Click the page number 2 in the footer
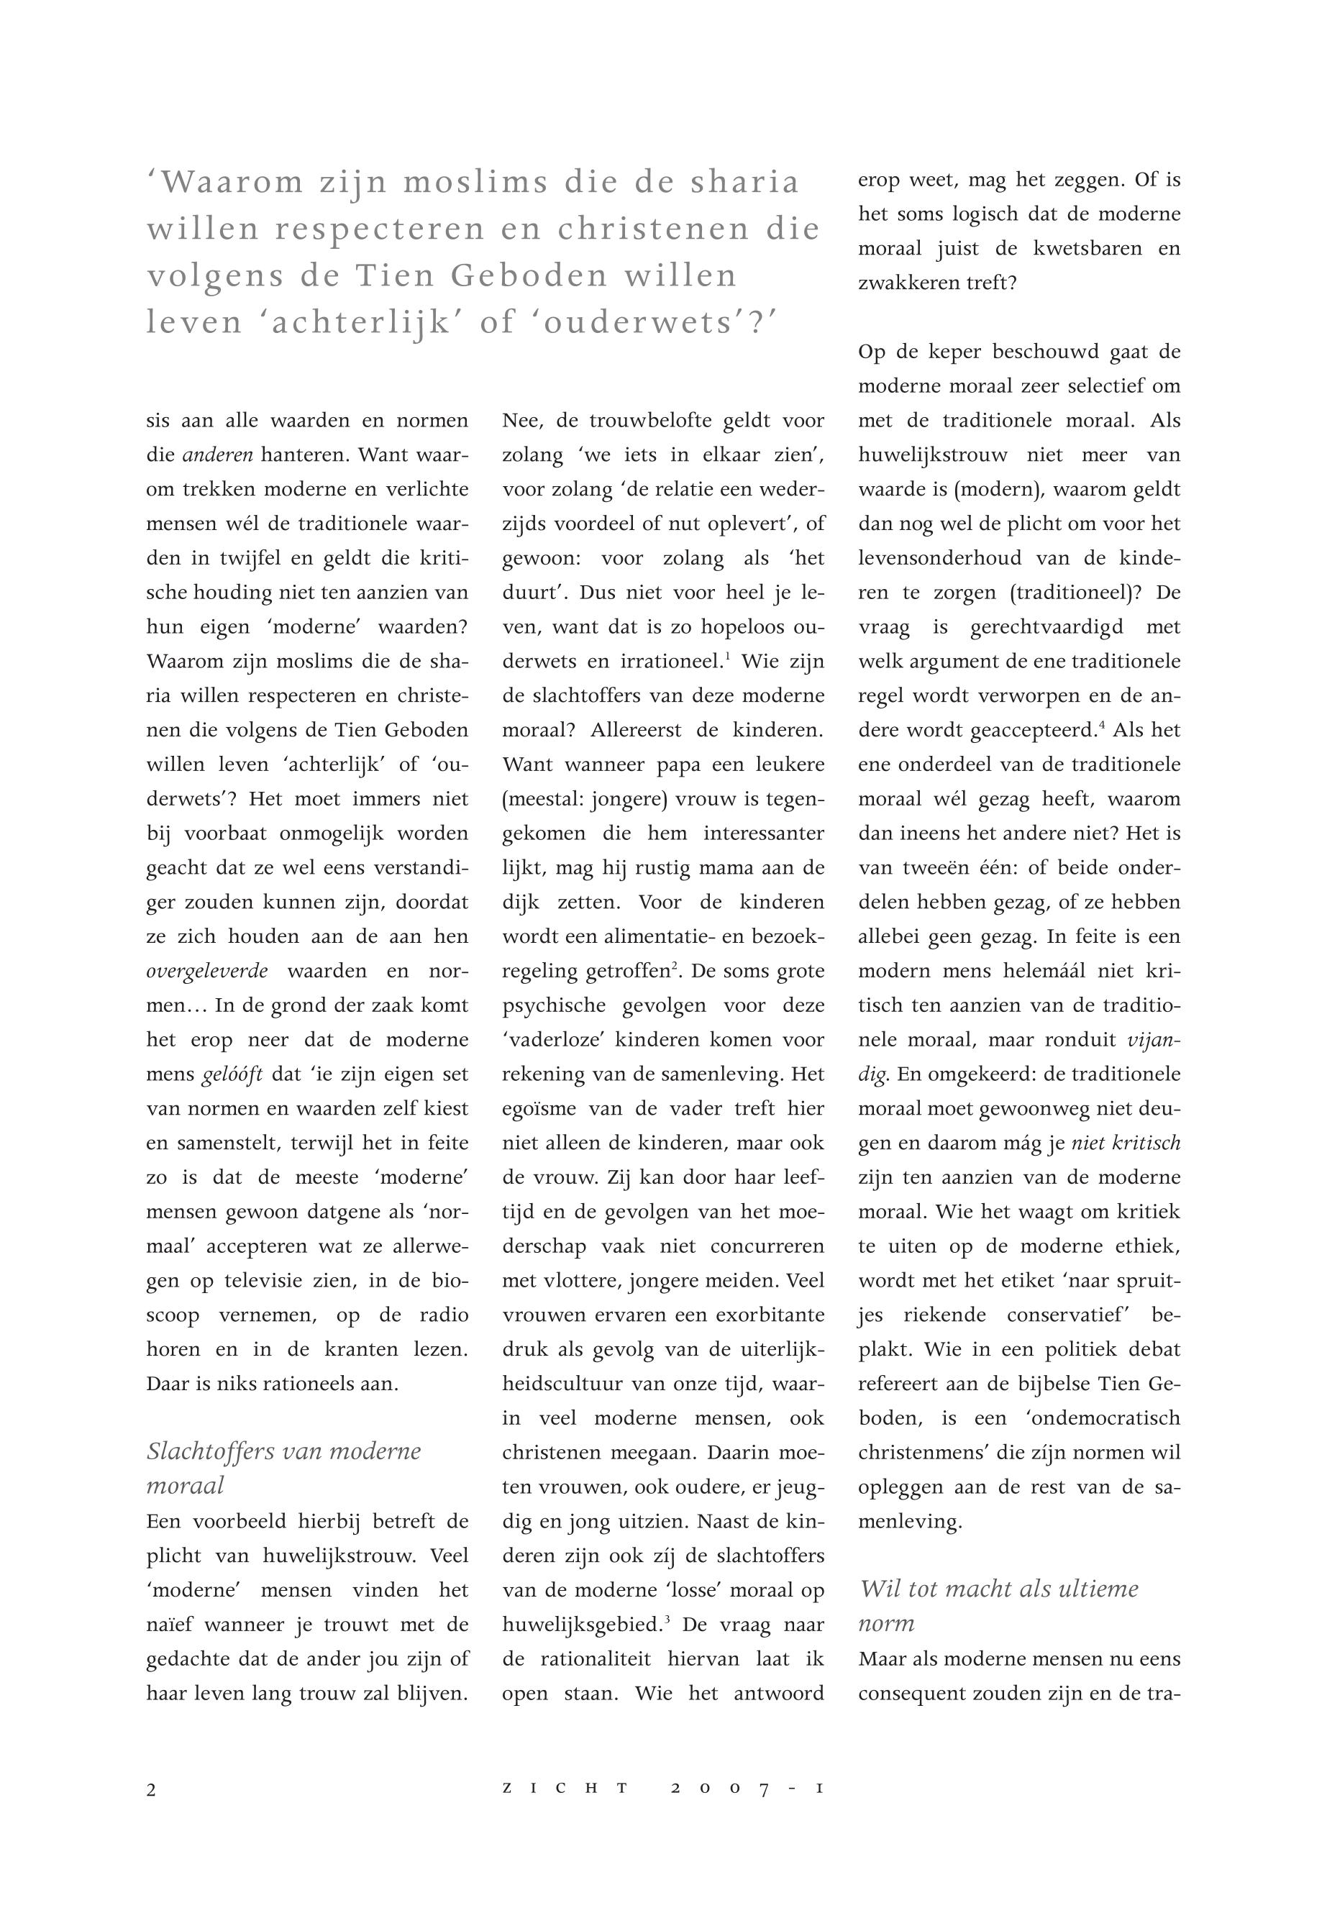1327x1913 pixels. pyautogui.click(x=151, y=1790)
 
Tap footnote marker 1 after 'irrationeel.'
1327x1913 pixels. pyautogui.click(x=728, y=657)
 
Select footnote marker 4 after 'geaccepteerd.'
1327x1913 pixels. pyautogui.click(x=1102, y=725)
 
